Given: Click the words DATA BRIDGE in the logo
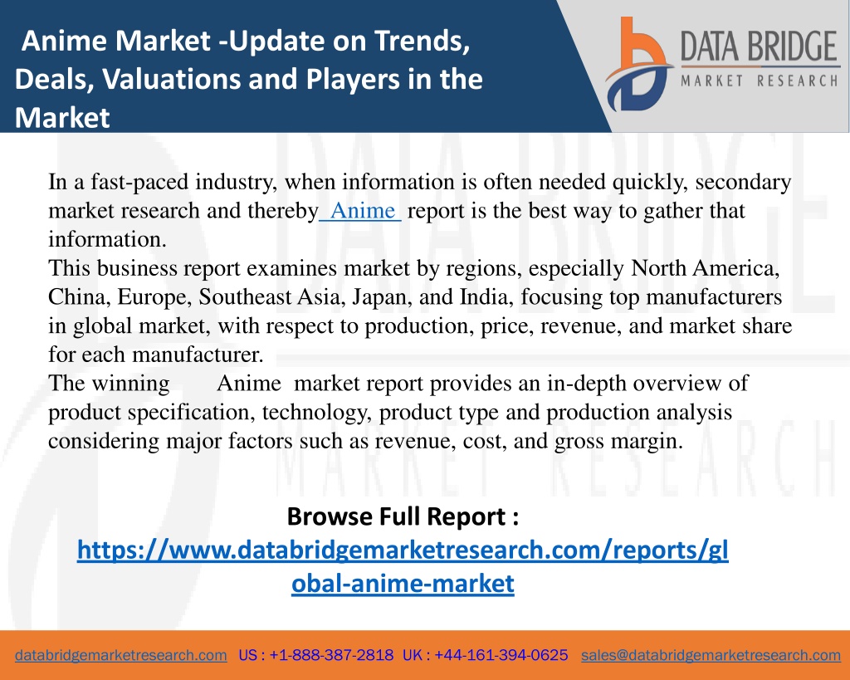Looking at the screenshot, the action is point(759,46).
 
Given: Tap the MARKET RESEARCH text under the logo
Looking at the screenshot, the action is point(760,81).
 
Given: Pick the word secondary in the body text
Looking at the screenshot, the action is point(743,182).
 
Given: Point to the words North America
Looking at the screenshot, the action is point(705,268).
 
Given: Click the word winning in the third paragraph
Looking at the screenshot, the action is point(130,384).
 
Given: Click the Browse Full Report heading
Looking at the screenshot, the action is point(403,516).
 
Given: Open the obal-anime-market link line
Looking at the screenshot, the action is point(403,584).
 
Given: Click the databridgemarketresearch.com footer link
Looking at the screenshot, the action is point(121,655).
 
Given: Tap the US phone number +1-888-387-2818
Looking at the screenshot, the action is point(331,655).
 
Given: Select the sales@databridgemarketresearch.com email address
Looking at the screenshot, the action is point(711,655).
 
